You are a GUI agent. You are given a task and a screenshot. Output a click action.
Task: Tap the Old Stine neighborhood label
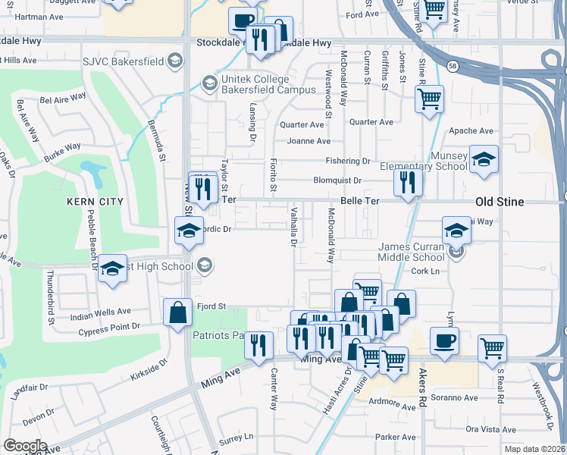pyautogui.click(x=500, y=202)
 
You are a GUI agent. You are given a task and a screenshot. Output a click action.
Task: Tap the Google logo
pyautogui.click(x=25, y=446)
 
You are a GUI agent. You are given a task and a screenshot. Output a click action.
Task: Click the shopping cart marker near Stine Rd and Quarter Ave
pyautogui.click(x=430, y=98)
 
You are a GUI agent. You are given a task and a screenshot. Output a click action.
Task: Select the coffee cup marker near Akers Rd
pyautogui.click(x=444, y=340)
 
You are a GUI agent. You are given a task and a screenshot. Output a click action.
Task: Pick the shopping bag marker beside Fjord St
pyautogui.click(x=177, y=312)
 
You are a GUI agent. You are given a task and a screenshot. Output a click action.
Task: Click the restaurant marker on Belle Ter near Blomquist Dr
pyautogui.click(x=408, y=182)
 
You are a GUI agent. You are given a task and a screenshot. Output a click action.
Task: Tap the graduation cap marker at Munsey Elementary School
pyautogui.click(x=484, y=159)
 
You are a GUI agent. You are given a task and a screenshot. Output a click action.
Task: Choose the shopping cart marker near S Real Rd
pyautogui.click(x=493, y=347)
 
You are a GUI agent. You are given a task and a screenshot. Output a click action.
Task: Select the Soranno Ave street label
pyautogui.click(x=456, y=397)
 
